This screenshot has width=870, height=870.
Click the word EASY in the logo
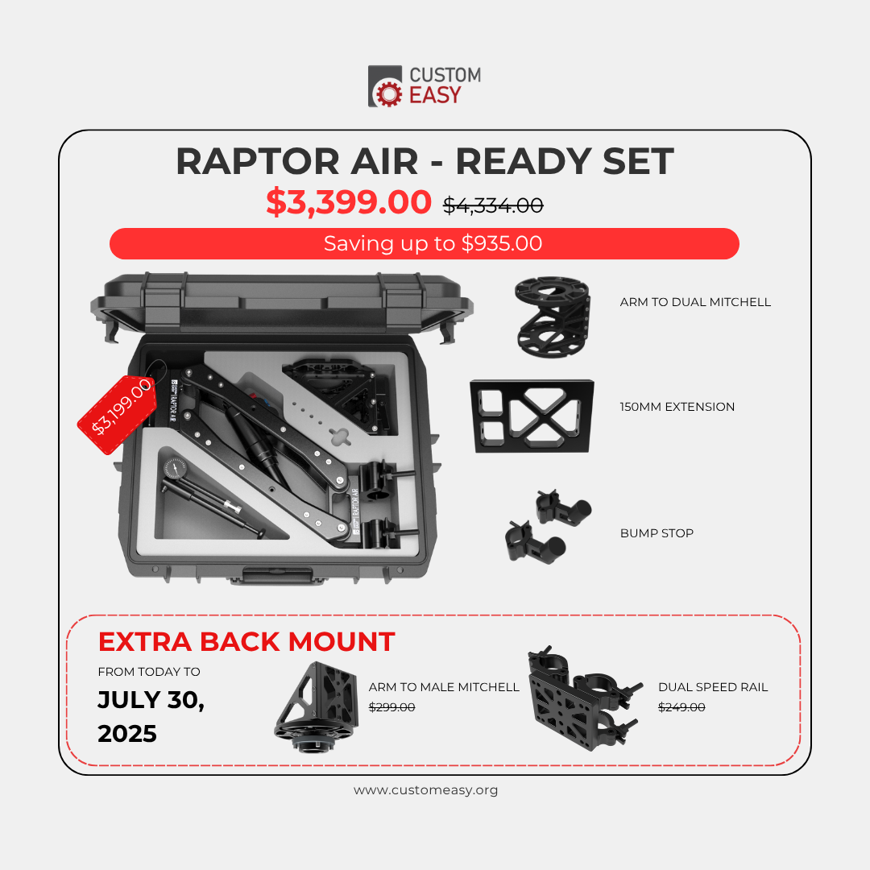click(436, 95)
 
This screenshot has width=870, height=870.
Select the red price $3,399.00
click(349, 203)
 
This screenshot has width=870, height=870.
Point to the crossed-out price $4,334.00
click(493, 205)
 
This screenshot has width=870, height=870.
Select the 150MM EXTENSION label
click(677, 407)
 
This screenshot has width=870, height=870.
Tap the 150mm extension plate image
click(532, 416)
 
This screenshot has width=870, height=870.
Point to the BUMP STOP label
click(657, 533)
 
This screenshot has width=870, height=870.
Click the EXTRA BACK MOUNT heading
click(246, 642)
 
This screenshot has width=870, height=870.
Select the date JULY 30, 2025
click(151, 716)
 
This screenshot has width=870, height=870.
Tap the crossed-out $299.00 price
click(391, 707)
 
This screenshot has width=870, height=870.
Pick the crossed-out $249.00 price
click(681, 707)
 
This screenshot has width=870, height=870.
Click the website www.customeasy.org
click(425, 790)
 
